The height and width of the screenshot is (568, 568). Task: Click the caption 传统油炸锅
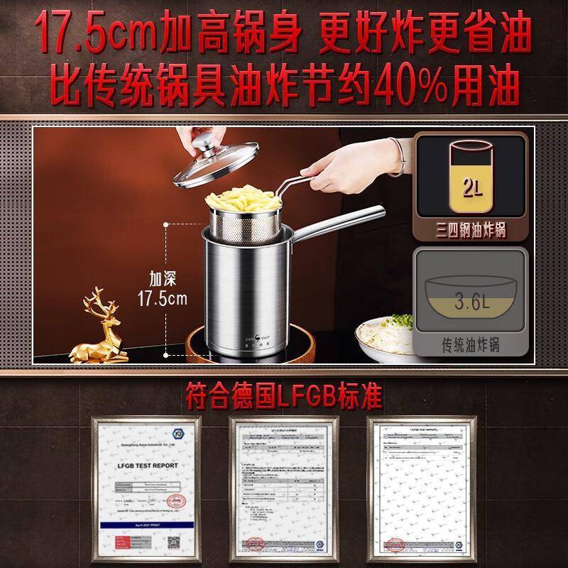[x=470, y=345]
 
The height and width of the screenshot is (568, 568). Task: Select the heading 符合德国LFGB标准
[x=284, y=390]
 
